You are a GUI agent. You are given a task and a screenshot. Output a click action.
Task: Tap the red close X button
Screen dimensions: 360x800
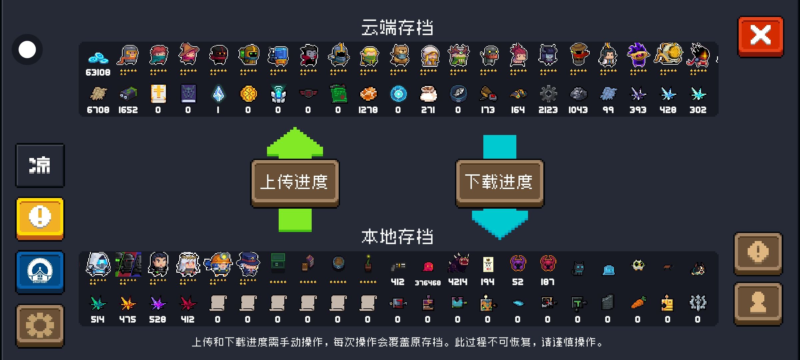[760, 36]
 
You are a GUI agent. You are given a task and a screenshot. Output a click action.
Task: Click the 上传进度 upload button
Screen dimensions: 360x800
[295, 182]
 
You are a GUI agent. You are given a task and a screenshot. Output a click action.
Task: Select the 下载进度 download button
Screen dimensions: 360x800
[499, 182]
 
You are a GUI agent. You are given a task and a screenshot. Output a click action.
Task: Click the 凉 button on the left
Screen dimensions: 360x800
[40, 165]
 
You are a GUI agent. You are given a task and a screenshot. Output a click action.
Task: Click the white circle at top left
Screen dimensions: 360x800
[27, 50]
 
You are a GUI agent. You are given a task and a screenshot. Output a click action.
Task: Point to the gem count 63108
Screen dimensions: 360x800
[98, 72]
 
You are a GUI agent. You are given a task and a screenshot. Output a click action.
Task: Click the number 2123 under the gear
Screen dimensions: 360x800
[548, 110]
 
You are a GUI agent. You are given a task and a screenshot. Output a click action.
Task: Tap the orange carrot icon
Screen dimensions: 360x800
[638, 303]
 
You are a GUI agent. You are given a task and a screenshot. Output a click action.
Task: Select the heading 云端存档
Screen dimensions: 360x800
[397, 27]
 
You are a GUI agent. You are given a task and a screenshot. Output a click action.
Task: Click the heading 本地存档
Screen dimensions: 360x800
[397, 237]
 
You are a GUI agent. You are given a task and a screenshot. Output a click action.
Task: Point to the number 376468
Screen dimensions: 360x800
[428, 283]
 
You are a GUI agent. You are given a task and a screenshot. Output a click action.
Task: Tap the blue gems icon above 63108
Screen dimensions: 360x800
[98, 57]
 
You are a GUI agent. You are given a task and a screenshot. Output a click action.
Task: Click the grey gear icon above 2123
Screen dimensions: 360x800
[548, 94]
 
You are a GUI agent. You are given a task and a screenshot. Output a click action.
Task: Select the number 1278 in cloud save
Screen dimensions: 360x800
[368, 110]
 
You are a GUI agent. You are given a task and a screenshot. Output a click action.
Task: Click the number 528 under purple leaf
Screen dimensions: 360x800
[158, 319]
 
